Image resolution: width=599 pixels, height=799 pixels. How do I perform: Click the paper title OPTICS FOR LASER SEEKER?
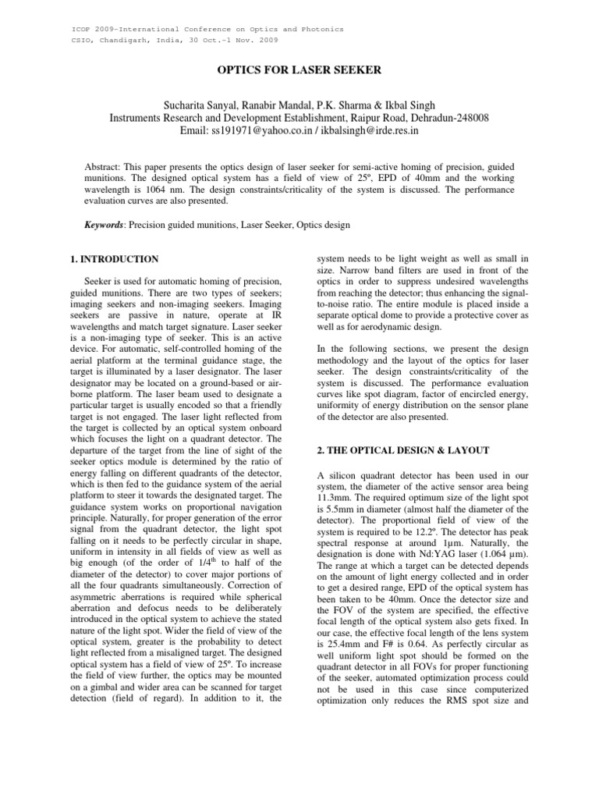point(299,71)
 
